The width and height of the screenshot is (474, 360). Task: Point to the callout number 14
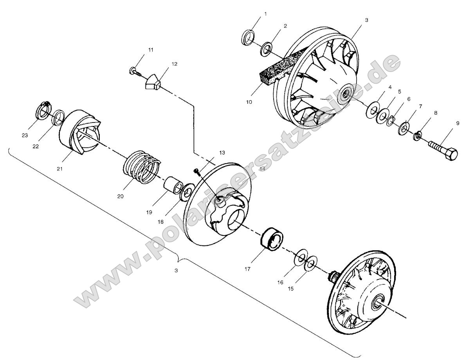pyautogui.click(x=251, y=169)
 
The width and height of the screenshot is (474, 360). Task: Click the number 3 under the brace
pyautogui.click(x=176, y=270)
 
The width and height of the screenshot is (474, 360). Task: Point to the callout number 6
pyautogui.click(x=409, y=99)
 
